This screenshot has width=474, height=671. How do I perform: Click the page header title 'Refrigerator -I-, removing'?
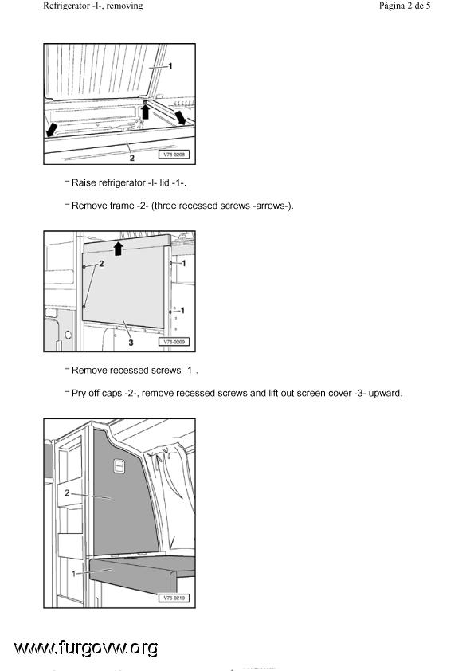(x=93, y=6)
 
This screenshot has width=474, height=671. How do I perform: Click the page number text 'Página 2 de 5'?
(x=404, y=6)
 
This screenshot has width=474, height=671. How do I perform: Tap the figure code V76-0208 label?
(x=174, y=155)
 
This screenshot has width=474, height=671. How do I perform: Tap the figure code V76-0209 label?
(x=174, y=342)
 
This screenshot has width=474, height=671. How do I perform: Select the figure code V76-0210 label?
(x=174, y=598)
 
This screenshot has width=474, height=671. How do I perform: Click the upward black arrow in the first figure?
(x=146, y=112)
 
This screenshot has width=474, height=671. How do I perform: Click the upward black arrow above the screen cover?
(x=119, y=249)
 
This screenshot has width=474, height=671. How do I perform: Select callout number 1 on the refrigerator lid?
(x=170, y=65)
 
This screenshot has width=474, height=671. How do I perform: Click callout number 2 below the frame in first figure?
(x=131, y=158)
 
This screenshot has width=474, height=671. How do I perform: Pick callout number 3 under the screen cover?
(x=131, y=342)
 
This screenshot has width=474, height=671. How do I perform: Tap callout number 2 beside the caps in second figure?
(x=101, y=264)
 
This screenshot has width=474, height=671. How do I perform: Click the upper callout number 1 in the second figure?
(x=184, y=263)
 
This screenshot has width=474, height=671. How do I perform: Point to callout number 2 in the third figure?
(x=67, y=493)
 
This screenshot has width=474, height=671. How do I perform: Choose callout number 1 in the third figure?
(x=73, y=574)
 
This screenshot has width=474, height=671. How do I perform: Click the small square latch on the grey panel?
(x=119, y=466)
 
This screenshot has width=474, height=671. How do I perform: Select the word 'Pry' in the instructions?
(x=79, y=393)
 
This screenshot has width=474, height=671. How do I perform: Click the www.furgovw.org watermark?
(x=86, y=649)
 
